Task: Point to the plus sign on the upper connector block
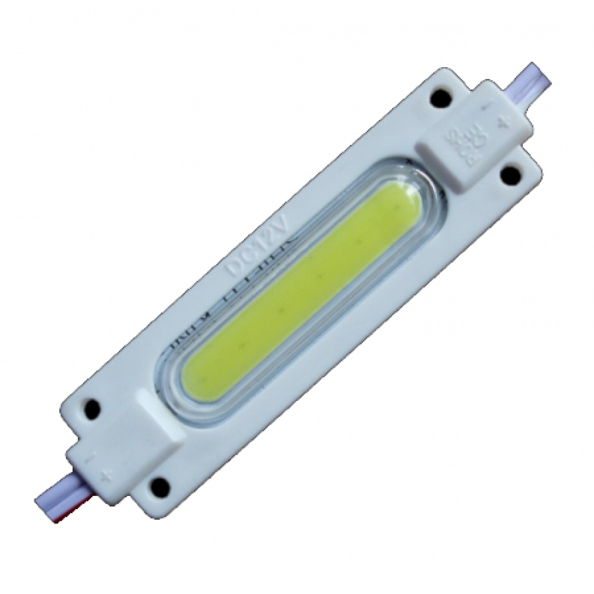click(x=504, y=124)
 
